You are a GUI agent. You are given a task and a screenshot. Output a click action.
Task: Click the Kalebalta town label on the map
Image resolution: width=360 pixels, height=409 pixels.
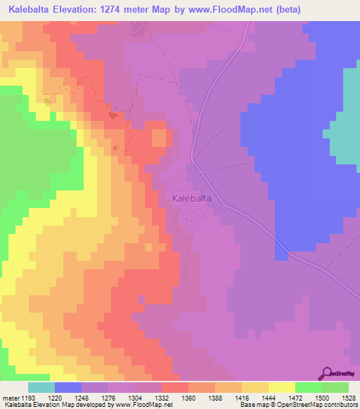pyautogui.click(x=191, y=199)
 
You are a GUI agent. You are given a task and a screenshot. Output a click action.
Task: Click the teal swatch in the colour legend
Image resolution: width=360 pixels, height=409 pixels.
pyautogui.click(x=41, y=387)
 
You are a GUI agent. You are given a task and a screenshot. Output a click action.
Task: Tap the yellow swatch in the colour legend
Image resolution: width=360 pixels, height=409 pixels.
pyautogui.click(x=282, y=387)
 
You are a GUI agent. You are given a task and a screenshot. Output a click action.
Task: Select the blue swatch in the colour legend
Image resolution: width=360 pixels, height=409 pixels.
pyautogui.click(x=68, y=387)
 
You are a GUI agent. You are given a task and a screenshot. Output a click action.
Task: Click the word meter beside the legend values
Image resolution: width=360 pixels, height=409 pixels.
pyautogui.click(x=10, y=398)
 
